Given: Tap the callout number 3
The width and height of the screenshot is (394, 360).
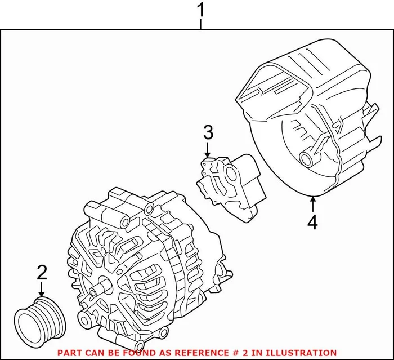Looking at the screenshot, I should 208,134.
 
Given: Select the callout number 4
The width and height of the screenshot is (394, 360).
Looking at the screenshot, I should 312,221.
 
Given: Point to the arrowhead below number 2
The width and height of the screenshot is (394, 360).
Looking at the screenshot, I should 42,293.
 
